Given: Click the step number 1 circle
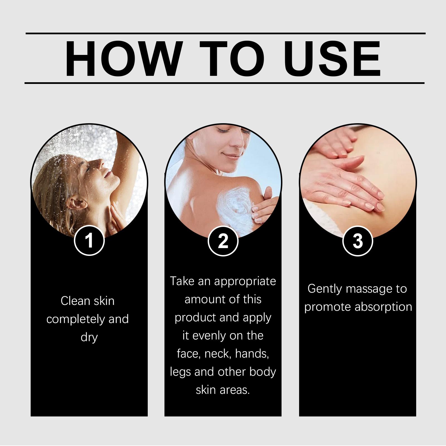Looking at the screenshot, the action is [89, 241].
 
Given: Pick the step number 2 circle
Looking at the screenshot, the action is [223, 241].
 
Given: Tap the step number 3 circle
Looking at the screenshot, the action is [358, 241].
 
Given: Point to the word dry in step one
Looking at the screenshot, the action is [89, 338].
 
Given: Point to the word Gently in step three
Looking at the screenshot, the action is [325, 289].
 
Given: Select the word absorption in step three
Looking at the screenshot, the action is [384, 307].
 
